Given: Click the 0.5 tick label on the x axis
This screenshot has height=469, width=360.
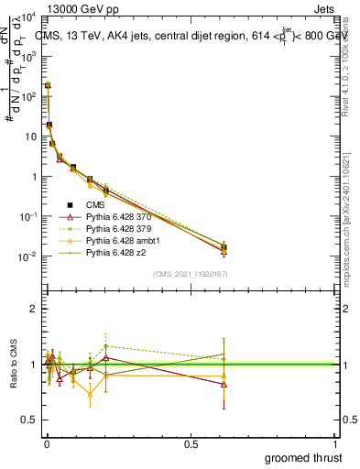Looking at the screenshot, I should coord(191,443).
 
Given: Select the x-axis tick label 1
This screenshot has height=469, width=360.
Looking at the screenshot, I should coord(336,443).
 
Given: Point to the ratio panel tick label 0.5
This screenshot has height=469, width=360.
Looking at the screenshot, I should coord(29,420).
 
